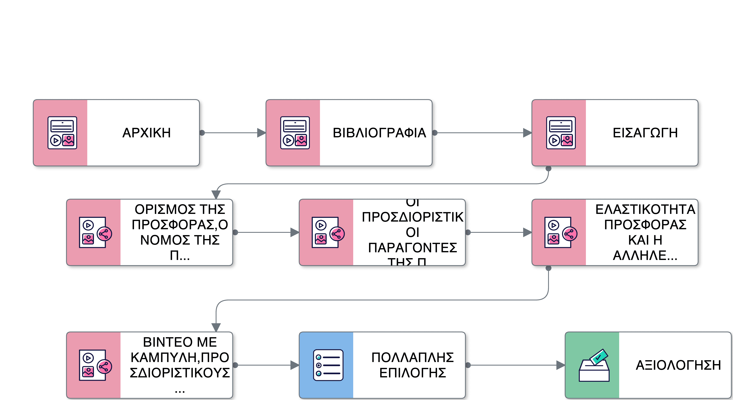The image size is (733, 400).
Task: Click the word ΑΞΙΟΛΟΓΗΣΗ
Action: pos(678,365)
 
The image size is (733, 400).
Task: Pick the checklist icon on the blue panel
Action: pos(328,365)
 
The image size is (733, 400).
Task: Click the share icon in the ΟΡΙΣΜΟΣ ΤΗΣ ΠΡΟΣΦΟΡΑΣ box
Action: pos(105,234)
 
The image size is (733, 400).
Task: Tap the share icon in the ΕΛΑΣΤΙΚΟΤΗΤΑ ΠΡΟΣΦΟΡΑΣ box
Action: pos(570,234)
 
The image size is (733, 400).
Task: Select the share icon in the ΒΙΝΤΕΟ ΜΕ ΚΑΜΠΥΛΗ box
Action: pos(105,366)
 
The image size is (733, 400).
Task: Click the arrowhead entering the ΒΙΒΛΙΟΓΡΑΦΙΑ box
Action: pos(261,133)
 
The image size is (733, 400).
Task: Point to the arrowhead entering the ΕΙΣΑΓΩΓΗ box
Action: pos(527,133)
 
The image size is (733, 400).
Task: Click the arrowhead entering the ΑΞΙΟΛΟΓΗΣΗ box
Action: pos(561,365)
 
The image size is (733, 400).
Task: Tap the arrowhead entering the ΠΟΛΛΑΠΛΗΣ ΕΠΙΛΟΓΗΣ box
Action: pos(295,365)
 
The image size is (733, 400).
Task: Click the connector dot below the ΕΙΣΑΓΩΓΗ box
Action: pos(548,169)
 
